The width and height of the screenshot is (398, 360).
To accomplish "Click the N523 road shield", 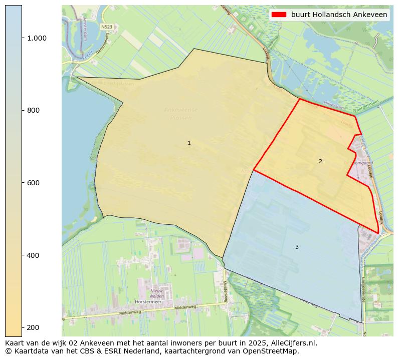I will pos(106,27).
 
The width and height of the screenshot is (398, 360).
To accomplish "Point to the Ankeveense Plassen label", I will pos(181,114).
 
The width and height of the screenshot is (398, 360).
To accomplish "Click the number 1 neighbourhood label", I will pos(189,143).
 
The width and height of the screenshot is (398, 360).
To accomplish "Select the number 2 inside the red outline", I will pos(320,161).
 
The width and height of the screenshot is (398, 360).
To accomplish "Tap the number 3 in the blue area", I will pos(297,247).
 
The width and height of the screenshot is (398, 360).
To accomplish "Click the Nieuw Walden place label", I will pos(157,293).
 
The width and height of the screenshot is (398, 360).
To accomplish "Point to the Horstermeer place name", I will pos(147,302).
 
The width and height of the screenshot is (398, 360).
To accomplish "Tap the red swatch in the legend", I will pos(279,15).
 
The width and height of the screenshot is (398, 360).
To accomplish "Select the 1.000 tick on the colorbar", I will pos(36,38).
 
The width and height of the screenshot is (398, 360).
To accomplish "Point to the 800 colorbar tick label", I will pos(33,110).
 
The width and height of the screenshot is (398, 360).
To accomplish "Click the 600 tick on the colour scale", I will pos(33,183).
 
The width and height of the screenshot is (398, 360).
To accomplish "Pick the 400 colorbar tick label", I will pos(33,255).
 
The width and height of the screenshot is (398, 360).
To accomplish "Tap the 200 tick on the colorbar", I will pos(33,327).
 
